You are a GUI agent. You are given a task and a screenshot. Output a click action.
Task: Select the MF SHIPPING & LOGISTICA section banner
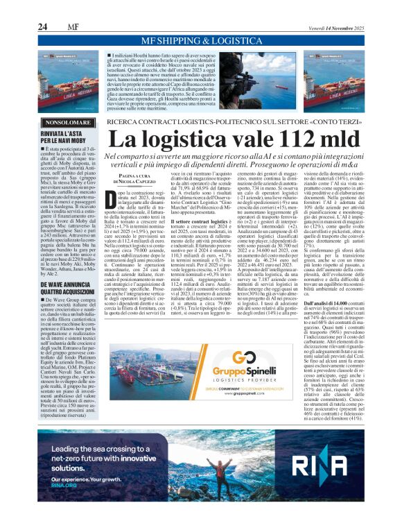pyautogui.click(x=200, y=41)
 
